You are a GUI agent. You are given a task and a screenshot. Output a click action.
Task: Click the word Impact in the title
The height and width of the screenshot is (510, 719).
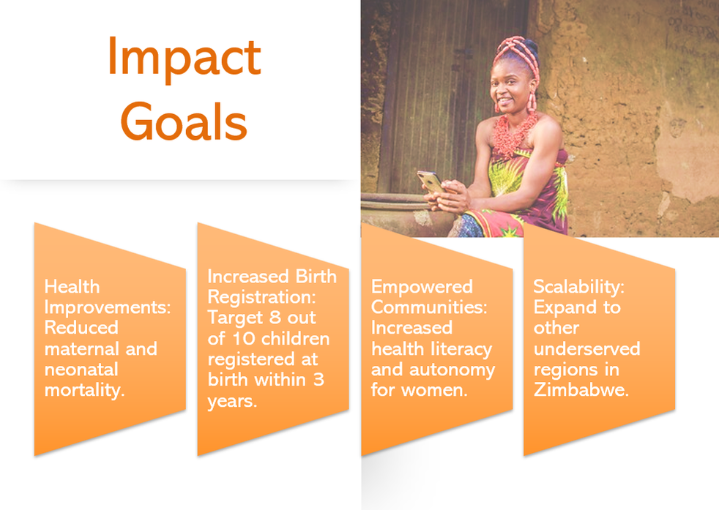click(185, 59)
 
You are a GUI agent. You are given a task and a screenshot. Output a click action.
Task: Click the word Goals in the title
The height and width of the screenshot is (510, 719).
click(184, 121)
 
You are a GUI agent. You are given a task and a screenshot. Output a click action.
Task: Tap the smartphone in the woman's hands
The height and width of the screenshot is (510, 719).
click(431, 182)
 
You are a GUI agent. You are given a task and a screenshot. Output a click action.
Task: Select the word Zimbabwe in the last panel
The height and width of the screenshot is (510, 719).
click(581, 389)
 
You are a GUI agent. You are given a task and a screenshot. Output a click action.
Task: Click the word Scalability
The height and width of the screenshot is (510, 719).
click(578, 288)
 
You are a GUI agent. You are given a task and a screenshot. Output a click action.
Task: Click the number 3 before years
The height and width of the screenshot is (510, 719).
click(318, 380)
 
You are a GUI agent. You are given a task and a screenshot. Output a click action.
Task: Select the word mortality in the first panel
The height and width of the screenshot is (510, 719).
click(84, 391)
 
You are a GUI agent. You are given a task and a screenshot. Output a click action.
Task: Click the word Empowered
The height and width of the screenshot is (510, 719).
click(422, 288)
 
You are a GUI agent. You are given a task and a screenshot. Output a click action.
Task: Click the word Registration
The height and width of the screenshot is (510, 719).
click(262, 298)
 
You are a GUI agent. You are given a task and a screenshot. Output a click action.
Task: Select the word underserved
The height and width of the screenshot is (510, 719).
click(587, 349)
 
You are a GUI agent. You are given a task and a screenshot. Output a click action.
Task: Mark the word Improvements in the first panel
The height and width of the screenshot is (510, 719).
click(108, 308)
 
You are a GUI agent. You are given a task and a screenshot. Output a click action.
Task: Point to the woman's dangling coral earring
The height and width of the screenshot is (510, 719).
click(532, 102)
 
